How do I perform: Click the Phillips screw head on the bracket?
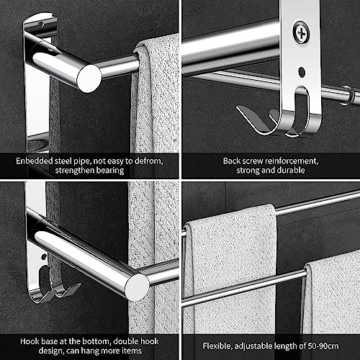301,32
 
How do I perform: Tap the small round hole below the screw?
302,72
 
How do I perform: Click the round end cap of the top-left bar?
89,78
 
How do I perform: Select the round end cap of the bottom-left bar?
138,287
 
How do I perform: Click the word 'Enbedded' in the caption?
34,161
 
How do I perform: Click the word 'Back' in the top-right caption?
232,161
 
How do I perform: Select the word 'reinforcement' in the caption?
292,161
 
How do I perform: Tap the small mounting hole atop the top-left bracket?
41,24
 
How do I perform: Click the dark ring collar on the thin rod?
348,95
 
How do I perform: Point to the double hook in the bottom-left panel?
56,286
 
